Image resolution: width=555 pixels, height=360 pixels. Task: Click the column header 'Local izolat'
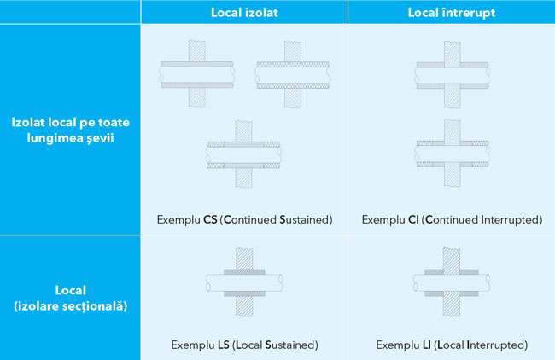coord(244,13)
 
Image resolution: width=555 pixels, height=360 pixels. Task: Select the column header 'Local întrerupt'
coord(452,13)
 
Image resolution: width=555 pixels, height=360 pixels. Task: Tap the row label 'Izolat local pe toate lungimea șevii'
coord(70,130)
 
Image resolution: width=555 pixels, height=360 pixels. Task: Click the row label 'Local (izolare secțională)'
coord(70,298)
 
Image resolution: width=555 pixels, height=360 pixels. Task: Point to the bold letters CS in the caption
coord(210,219)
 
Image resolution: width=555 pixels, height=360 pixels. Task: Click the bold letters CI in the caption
coord(413,219)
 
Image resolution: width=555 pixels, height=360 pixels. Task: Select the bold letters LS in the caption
coord(224,345)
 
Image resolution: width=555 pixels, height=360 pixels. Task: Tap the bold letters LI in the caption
coord(427,345)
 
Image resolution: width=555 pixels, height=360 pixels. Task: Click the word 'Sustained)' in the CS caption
coord(306,219)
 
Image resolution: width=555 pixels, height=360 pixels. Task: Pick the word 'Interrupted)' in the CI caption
coord(511,219)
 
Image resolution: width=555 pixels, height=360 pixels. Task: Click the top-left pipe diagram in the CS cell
coord(196,74)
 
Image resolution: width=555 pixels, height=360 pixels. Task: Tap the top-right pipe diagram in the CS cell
coord(293,74)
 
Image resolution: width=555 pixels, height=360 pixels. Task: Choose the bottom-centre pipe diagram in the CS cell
coord(244,154)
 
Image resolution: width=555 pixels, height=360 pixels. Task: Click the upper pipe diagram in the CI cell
coord(453,74)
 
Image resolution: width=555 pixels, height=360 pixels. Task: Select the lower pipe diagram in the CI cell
coord(453,153)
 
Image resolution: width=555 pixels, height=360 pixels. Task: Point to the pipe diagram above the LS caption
coord(244,282)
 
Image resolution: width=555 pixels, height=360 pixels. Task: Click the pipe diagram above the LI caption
coord(452,282)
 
